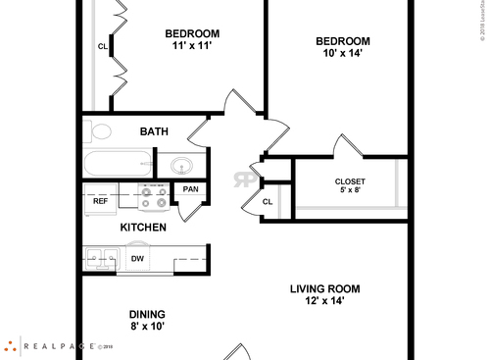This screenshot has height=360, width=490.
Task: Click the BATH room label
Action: (154, 131)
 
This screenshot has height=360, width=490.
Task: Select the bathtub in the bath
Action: (118, 163)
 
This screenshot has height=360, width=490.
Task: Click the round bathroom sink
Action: (183, 165)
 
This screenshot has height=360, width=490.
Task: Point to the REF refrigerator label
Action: (100, 200)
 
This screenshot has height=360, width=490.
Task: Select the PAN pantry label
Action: (190, 189)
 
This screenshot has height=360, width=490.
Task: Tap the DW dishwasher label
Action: (137, 260)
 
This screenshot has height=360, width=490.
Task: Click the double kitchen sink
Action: (101, 260)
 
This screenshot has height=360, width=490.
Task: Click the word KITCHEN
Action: (143, 228)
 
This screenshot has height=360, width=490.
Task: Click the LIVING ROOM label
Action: (324, 288)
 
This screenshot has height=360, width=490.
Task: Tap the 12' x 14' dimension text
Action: (324, 301)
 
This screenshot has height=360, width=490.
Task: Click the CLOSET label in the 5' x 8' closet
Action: (350, 181)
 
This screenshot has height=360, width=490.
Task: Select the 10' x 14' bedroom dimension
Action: (342, 54)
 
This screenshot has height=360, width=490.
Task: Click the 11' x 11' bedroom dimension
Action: (192, 45)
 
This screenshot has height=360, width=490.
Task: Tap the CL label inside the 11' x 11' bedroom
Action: (102, 46)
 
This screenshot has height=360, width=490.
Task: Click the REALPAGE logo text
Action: (59, 345)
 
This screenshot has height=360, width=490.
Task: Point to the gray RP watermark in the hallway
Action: (241, 180)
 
